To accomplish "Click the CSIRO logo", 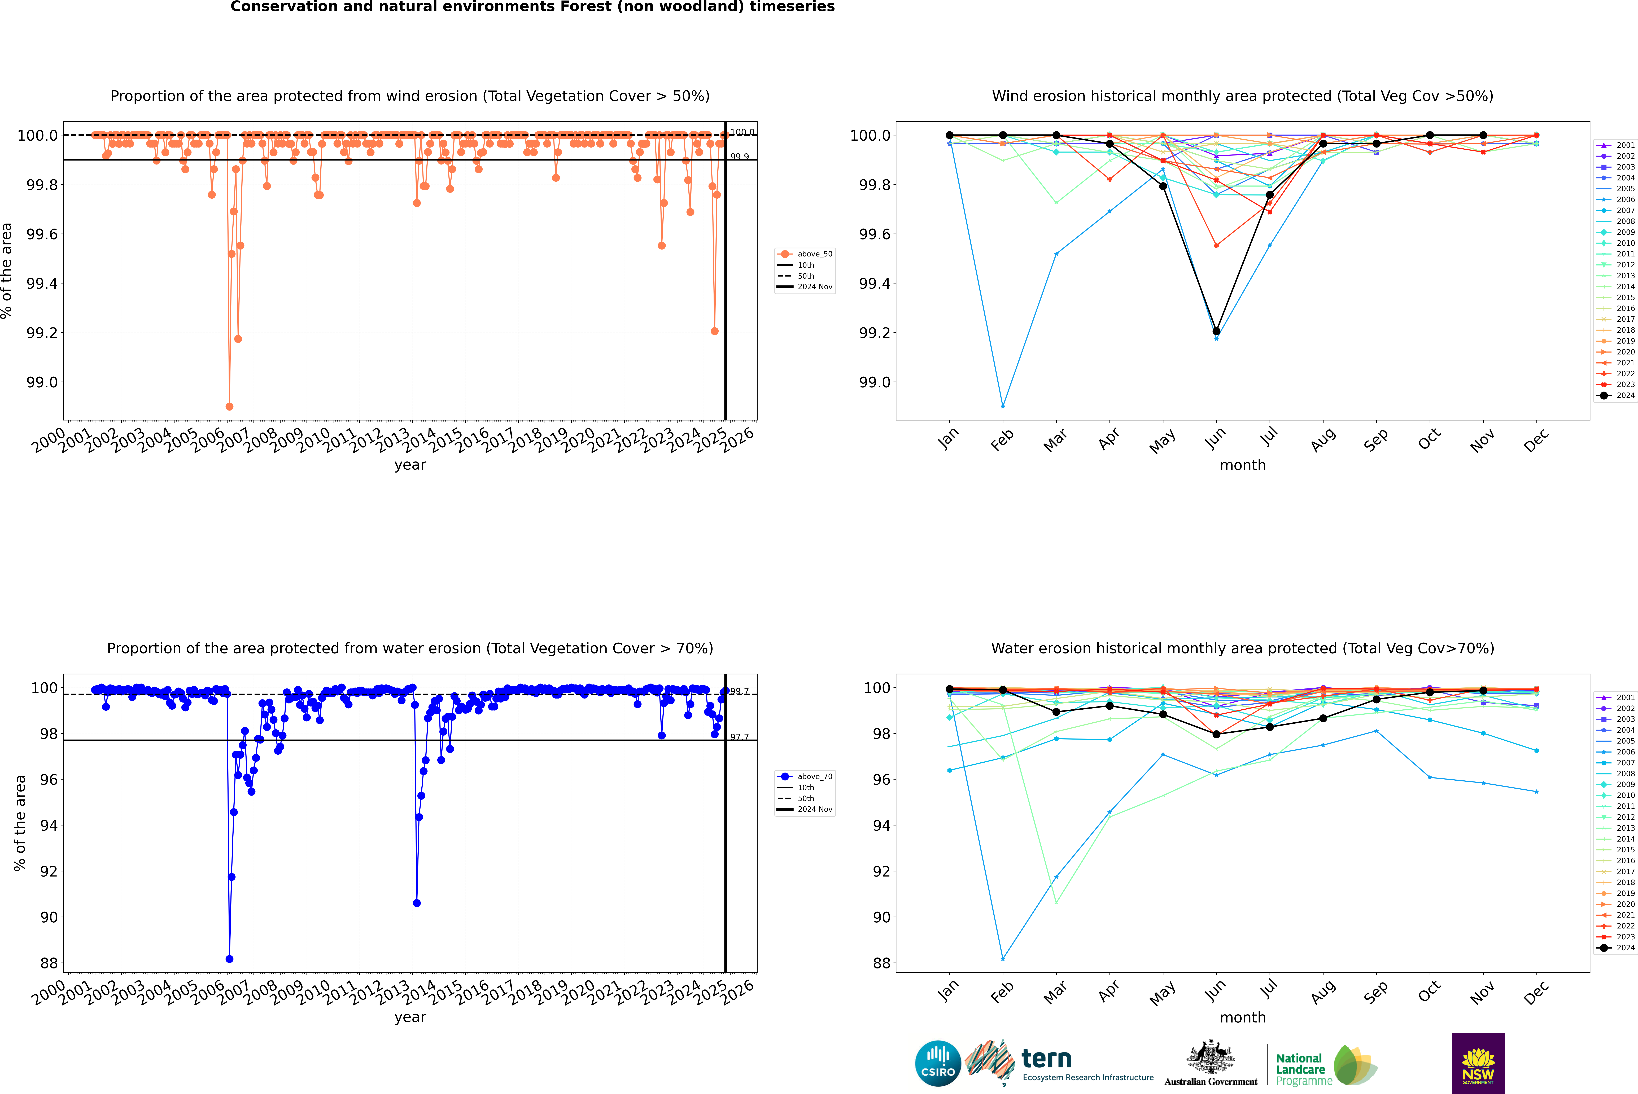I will click(938, 1063).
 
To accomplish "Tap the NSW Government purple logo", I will click(1478, 1063).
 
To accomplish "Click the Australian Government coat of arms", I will click(1211, 1057).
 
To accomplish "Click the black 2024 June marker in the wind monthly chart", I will click(1216, 331).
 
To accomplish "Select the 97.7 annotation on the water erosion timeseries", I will click(739, 737).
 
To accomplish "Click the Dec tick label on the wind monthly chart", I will click(1536, 440).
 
